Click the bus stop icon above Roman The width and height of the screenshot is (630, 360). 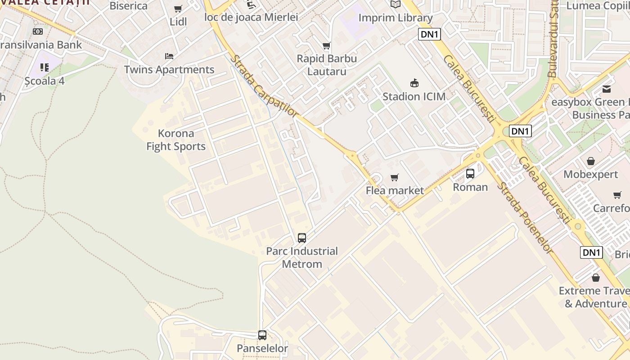tap(470, 173)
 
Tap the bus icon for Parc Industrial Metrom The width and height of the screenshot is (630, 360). tap(302, 238)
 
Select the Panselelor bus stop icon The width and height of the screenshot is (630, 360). tap(262, 335)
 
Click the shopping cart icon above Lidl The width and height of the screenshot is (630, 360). tap(178, 9)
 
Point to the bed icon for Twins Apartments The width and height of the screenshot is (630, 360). tap(169, 56)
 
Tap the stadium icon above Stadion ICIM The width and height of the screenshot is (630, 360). tap(414, 83)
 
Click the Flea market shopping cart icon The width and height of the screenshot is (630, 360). tap(395, 177)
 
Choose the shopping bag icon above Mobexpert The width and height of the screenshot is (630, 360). tap(591, 161)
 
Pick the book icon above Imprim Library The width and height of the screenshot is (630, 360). tap(396, 4)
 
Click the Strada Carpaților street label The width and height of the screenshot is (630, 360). tap(264, 86)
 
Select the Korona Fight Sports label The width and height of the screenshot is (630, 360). tap(176, 140)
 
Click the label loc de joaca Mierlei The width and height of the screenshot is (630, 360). tap(251, 18)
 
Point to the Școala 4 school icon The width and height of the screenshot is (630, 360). tap(44, 67)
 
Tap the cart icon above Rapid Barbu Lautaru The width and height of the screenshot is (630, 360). tap(327, 45)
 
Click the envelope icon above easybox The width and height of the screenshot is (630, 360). tap(607, 89)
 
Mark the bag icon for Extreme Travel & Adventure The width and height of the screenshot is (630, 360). tap(596, 278)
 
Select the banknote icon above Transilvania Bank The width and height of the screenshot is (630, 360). tap(38, 31)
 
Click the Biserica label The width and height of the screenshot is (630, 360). tap(129, 6)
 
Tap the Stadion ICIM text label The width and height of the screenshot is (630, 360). tap(414, 96)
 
